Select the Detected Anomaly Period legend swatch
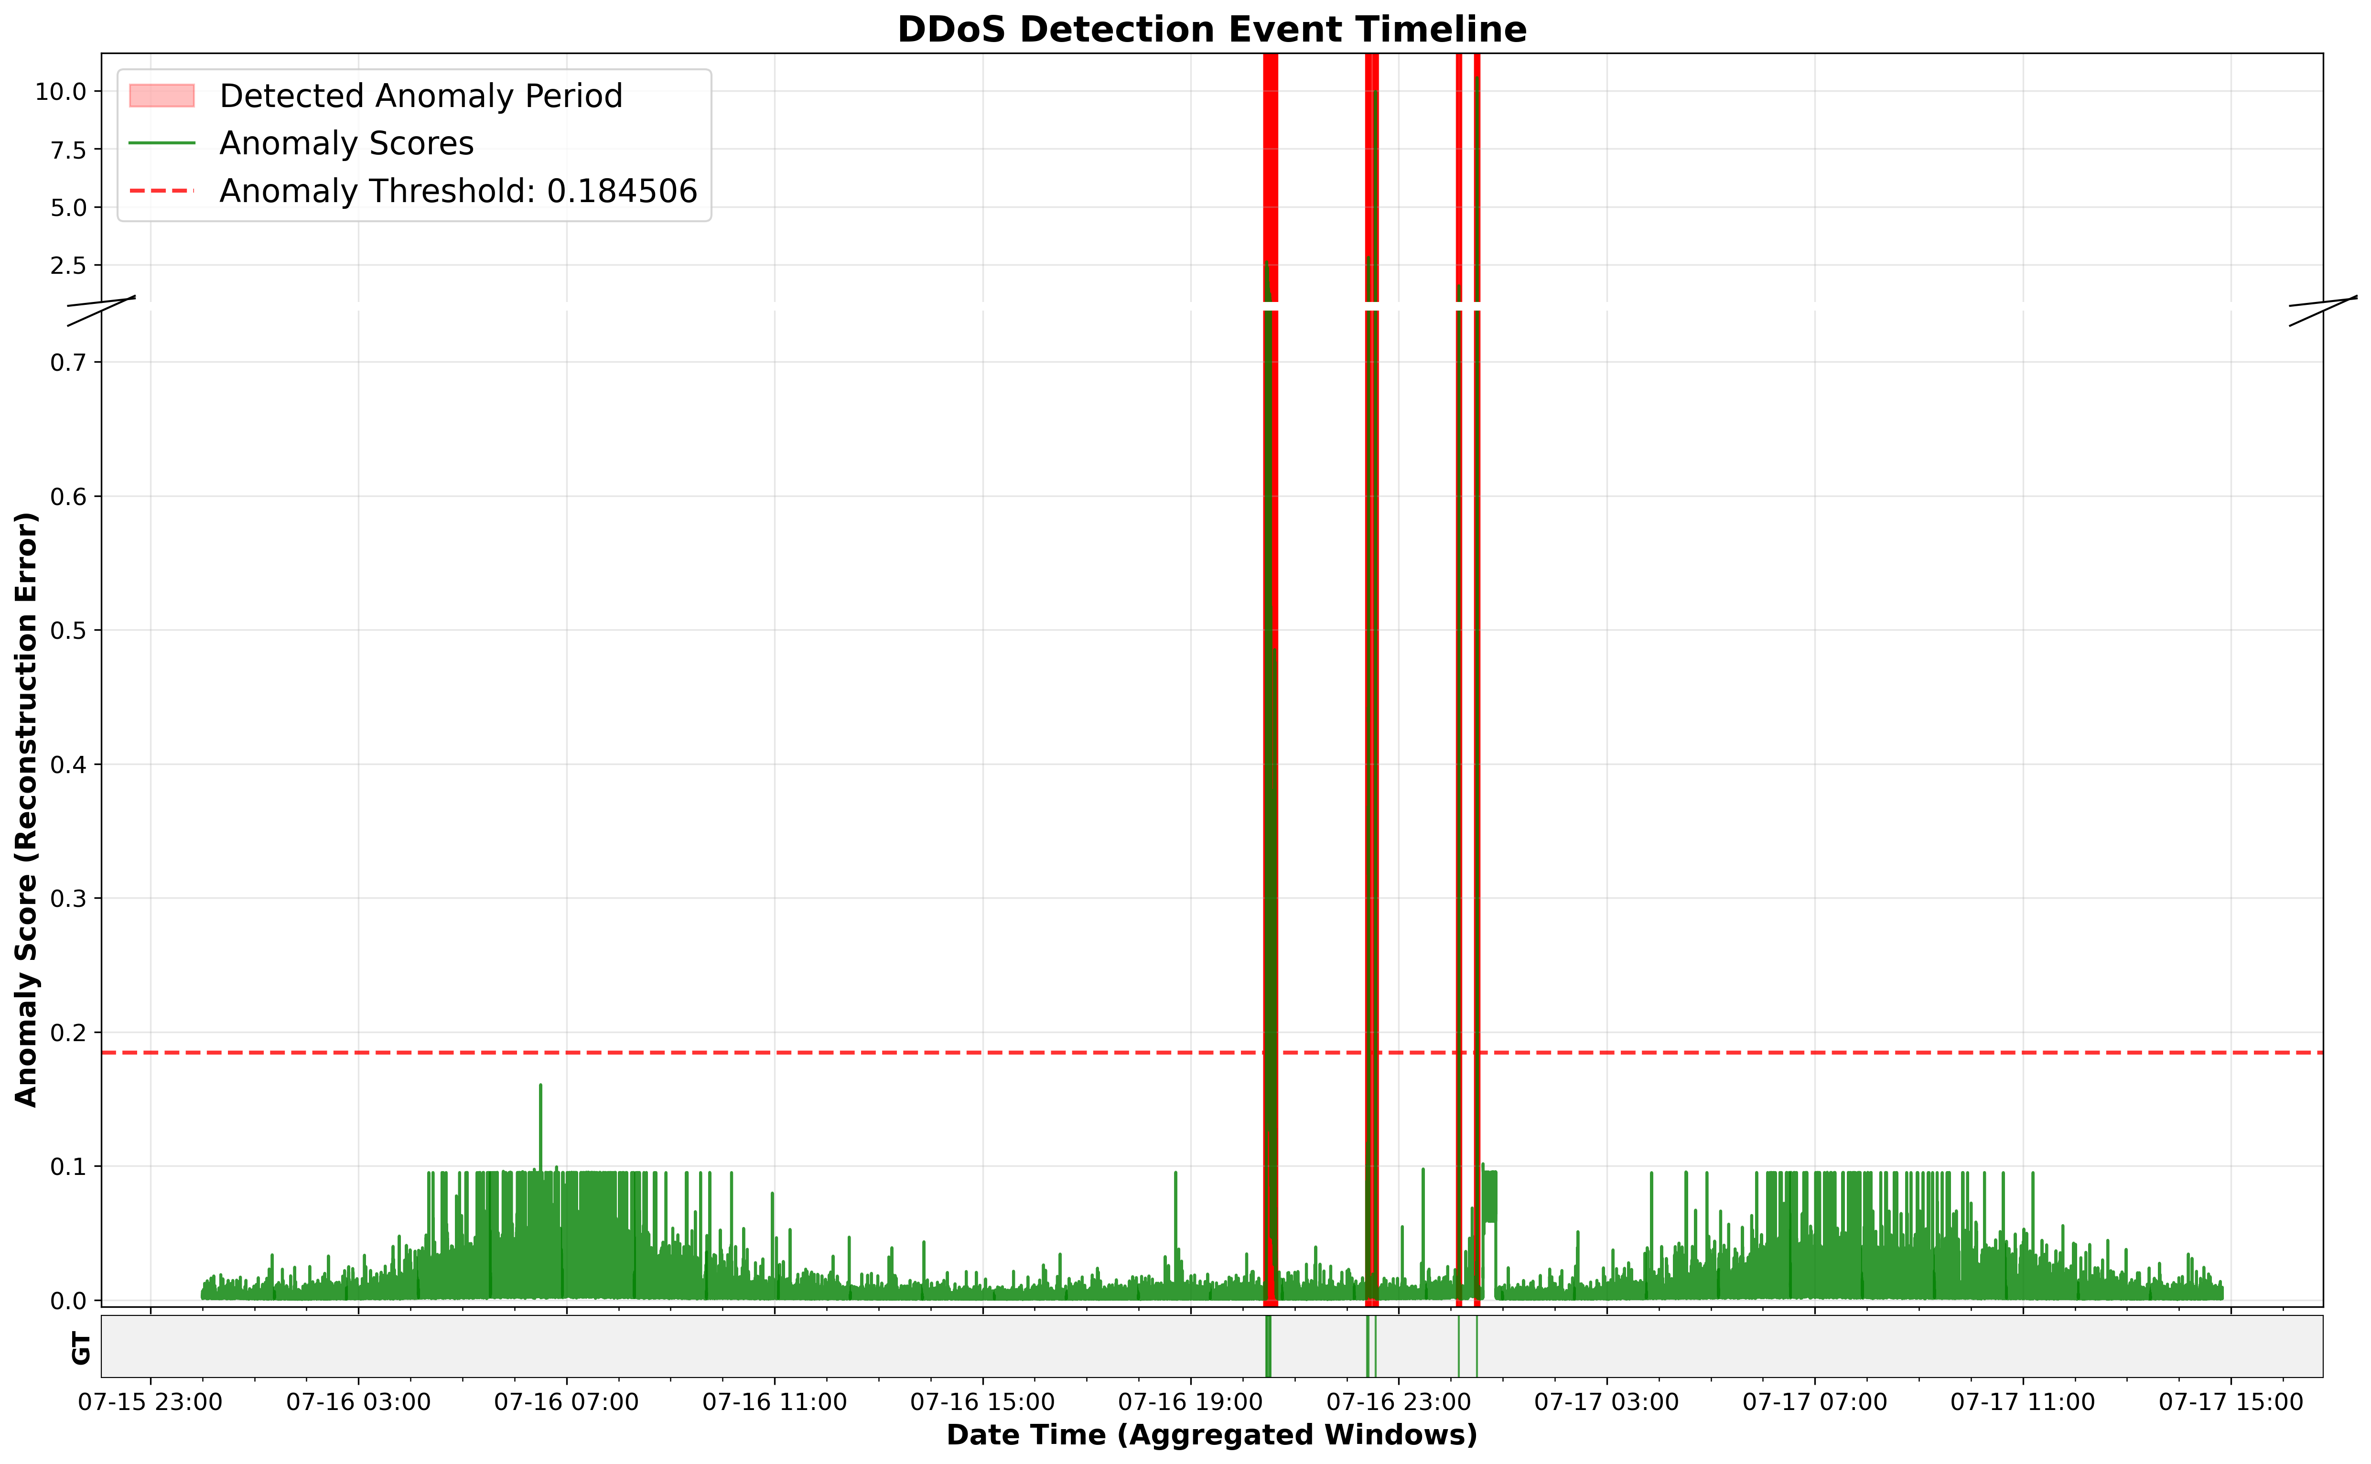162,96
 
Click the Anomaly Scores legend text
346,143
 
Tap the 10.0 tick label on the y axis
61,92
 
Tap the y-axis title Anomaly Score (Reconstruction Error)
26,808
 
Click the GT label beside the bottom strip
81,1347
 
